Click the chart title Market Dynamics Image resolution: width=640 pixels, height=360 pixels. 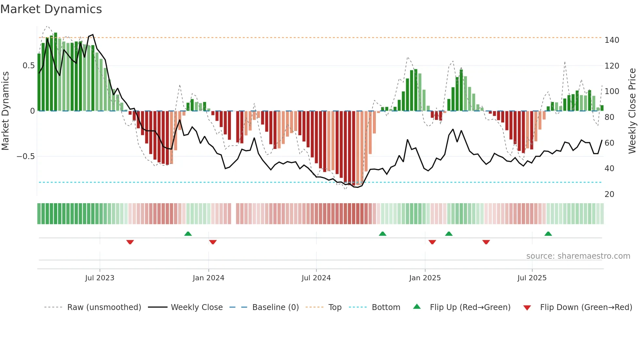pos(51,9)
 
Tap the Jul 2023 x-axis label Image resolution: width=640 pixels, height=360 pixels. pos(100,278)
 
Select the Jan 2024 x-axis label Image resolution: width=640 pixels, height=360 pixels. pos(208,278)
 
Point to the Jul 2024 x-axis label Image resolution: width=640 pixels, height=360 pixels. pos(316,278)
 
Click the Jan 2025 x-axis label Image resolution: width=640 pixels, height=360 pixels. pos(425,278)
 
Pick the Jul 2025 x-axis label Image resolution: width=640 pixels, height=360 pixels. pos(532,278)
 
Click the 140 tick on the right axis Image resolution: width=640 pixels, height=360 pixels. pos(612,40)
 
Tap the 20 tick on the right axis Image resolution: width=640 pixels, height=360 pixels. pos(609,194)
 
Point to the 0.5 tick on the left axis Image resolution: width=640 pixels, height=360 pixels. pos(28,66)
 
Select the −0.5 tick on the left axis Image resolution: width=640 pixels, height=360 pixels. pos(26,156)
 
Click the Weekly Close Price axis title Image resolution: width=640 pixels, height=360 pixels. pos(632,111)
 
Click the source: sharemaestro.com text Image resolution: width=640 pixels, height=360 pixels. pos(578,256)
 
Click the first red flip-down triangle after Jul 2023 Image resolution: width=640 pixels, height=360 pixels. pos(130,242)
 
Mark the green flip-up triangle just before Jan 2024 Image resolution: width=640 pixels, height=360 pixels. pos(188,234)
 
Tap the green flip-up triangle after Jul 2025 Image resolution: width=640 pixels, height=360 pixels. pos(548,234)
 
